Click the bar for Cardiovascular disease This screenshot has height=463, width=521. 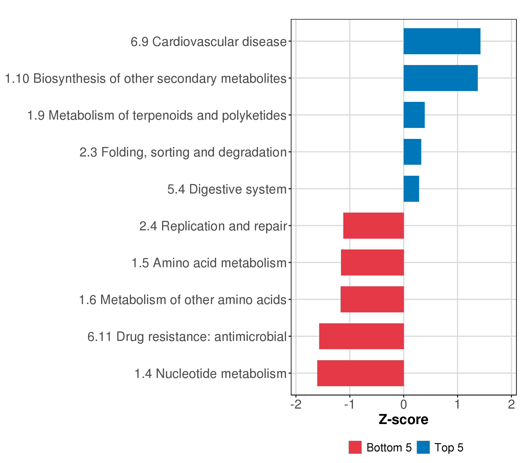[x=442, y=41]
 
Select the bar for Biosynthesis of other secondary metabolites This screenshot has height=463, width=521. [x=441, y=78]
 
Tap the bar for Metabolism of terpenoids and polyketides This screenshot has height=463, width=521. [x=414, y=115]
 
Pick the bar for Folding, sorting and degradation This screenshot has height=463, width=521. [x=412, y=152]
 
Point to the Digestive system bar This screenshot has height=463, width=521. [x=411, y=189]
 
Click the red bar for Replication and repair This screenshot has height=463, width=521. [x=373, y=226]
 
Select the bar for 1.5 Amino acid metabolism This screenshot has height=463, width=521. [x=372, y=262]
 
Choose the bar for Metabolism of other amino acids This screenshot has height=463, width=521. [x=372, y=299]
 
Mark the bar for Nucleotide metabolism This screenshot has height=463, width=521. [x=360, y=373]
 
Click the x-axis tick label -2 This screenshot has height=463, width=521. [x=296, y=405]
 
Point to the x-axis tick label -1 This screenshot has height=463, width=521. [x=349, y=405]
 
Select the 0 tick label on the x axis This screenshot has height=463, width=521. [x=403, y=405]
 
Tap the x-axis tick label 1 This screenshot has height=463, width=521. [x=458, y=405]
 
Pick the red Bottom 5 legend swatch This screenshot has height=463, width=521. [x=355, y=447]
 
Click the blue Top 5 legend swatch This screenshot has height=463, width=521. [x=423, y=447]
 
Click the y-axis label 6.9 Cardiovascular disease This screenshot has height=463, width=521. [x=209, y=42]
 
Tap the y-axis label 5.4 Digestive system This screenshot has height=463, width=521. [x=227, y=189]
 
